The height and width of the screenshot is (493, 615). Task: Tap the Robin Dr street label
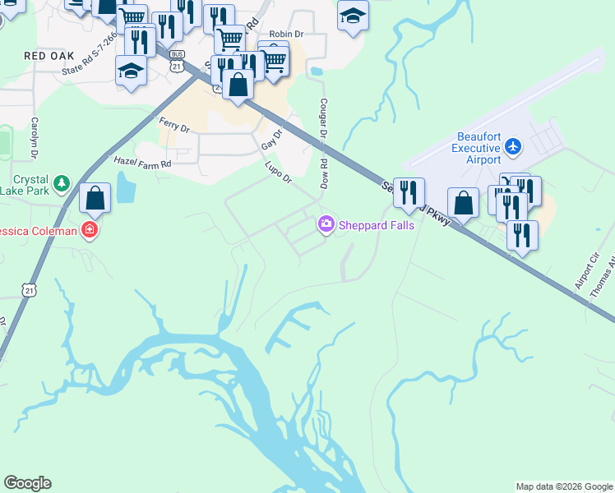[286, 36]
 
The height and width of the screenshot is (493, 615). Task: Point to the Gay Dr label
[271, 139]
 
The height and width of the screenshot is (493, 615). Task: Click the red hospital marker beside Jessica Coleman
[90, 231]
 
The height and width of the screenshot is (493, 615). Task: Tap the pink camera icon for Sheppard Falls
[326, 223]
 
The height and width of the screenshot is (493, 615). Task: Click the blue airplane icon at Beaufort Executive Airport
[514, 146]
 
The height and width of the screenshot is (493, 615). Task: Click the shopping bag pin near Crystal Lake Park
[95, 198]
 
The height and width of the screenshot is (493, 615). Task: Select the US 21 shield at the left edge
[30, 290]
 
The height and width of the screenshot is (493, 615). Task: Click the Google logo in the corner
[27, 483]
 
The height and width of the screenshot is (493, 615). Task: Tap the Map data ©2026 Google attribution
[564, 486]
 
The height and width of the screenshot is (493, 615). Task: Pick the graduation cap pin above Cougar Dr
[354, 15]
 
